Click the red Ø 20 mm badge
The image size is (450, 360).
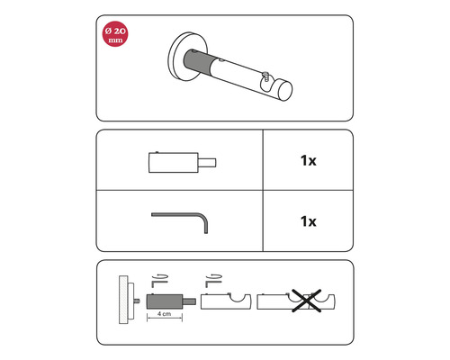click(115, 34)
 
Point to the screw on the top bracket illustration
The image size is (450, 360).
click(265, 76)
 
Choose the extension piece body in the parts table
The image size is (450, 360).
click(174, 163)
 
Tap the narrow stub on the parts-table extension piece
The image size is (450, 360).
click(207, 163)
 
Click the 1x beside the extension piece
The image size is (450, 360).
click(309, 161)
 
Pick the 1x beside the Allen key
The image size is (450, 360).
click(309, 221)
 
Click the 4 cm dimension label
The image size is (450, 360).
click(165, 313)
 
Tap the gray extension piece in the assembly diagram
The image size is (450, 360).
click(165, 301)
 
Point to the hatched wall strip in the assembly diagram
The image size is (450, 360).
click(123, 300)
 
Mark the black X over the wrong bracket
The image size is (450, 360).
click(307, 301)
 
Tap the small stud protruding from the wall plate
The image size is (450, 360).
click(137, 301)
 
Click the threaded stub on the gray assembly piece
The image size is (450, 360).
click(190, 301)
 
